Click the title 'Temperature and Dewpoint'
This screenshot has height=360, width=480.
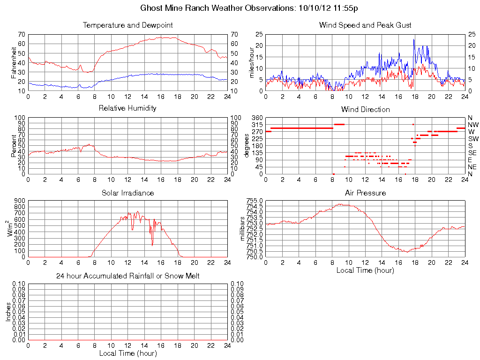[x=127, y=25]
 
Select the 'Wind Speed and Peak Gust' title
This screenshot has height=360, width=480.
[x=365, y=25]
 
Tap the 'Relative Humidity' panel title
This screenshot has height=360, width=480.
[x=127, y=108]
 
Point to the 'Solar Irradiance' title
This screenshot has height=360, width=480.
[x=127, y=193]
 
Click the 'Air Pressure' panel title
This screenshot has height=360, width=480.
[x=365, y=193]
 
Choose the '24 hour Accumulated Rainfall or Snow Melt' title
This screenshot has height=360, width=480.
[x=127, y=276]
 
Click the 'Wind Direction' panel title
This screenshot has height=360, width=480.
[x=365, y=109]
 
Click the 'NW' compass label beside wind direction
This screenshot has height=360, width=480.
[x=473, y=125]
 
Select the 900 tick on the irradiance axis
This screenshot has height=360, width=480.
[x=19, y=201]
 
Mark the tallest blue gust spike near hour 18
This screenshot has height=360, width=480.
[x=414, y=39]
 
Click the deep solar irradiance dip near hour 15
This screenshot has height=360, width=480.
[x=152, y=245]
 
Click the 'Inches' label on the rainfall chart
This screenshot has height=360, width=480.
[x=8, y=311]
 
